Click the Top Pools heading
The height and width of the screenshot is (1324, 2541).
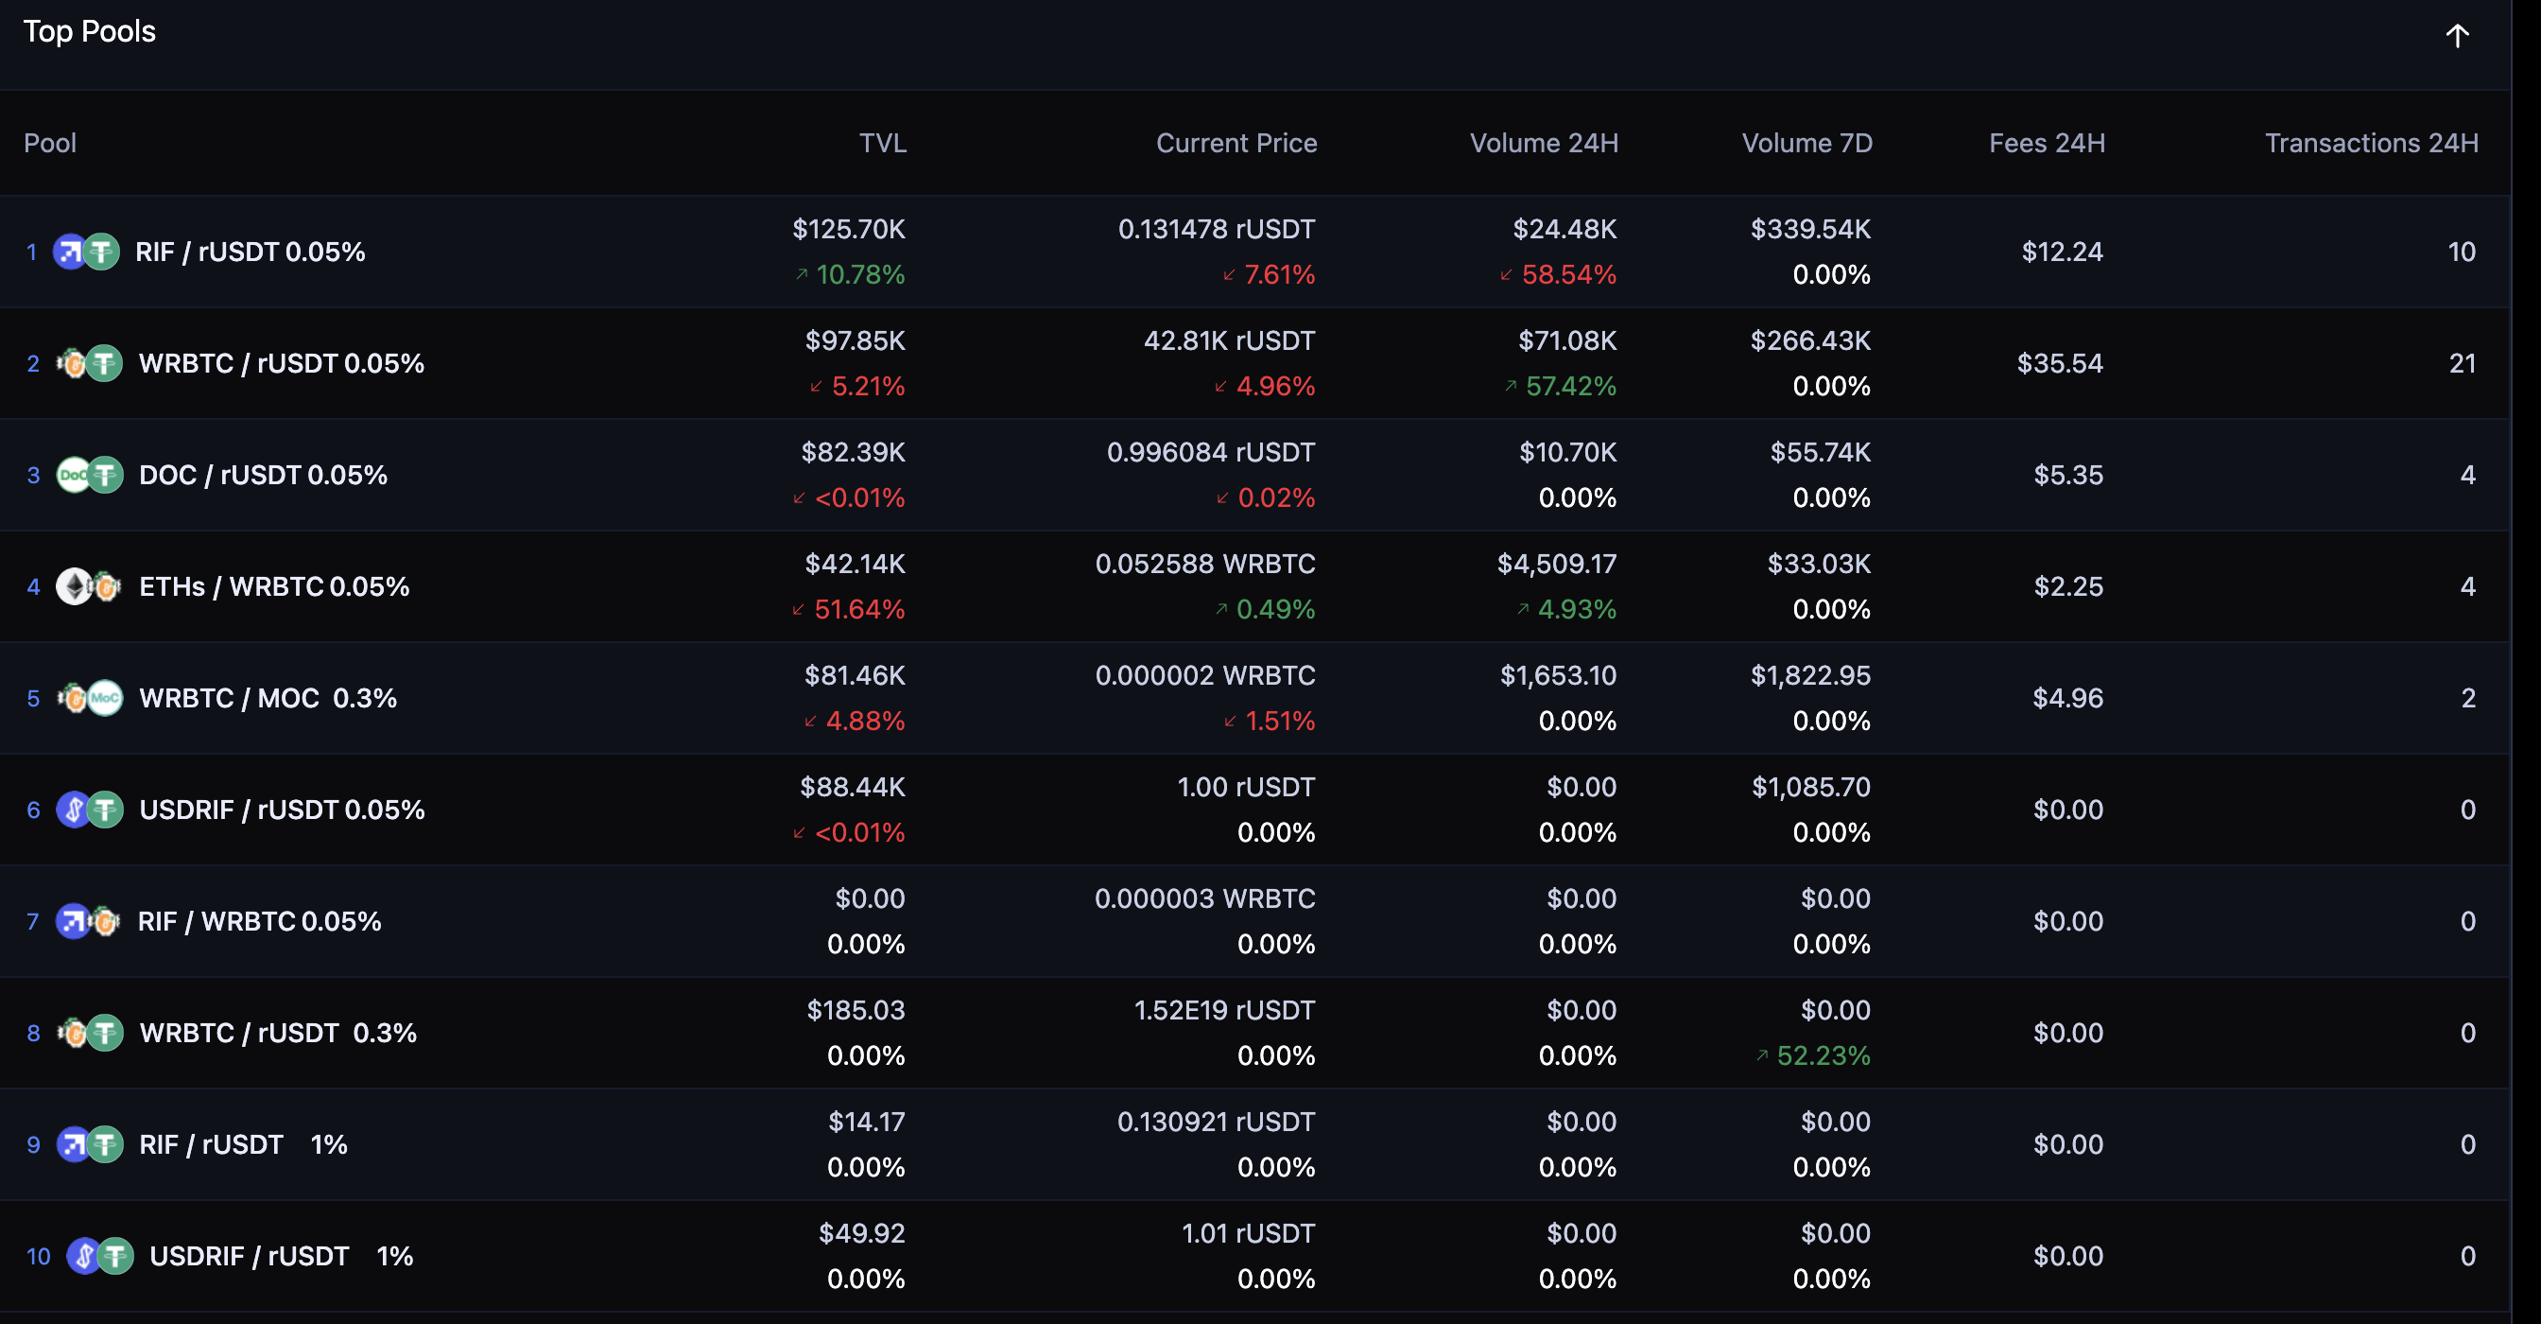pyautogui.click(x=89, y=31)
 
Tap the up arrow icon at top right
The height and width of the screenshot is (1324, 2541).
pyautogui.click(x=2456, y=37)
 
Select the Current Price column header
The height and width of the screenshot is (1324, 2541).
pyautogui.click(x=1236, y=143)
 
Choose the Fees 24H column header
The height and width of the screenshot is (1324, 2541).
pyautogui.click(x=2047, y=143)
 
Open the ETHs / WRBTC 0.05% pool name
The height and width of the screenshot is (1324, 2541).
pyautogui.click(x=273, y=587)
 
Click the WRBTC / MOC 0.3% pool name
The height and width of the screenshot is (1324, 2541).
pyautogui.click(x=268, y=699)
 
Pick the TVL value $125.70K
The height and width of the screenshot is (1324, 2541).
pyautogui.click(x=848, y=229)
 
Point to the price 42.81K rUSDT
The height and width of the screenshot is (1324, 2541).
pyautogui.click(x=1228, y=340)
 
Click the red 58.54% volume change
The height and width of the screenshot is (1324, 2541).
pyautogui.click(x=1567, y=274)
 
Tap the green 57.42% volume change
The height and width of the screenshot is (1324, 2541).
pyautogui.click(x=1569, y=386)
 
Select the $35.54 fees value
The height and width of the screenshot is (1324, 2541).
pyautogui.click(x=2060, y=363)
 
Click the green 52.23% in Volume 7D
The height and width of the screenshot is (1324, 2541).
pyautogui.click(x=1822, y=1055)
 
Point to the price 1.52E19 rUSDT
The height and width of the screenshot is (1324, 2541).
pyautogui.click(x=1223, y=1010)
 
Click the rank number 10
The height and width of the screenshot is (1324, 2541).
pyautogui.click(x=38, y=1256)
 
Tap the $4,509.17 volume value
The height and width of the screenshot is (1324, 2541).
pyautogui.click(x=1557, y=564)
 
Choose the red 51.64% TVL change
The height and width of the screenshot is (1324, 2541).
pyautogui.click(x=858, y=610)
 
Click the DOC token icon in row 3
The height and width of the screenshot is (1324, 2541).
pyautogui.click(x=73, y=476)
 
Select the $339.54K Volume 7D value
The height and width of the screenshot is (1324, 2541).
pyautogui.click(x=1810, y=229)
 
